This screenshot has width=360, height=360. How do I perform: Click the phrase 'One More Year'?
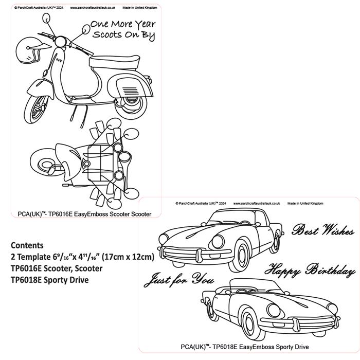pos(122,24)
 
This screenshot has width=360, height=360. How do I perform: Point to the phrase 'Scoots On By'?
pos(123,35)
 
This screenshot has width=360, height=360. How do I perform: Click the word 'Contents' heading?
pos(27,245)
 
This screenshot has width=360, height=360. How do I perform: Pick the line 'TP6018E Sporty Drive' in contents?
pos(49,280)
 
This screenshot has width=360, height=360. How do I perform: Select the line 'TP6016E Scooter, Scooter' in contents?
pos(57,268)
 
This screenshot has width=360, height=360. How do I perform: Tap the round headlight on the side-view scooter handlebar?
pos(61,41)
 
